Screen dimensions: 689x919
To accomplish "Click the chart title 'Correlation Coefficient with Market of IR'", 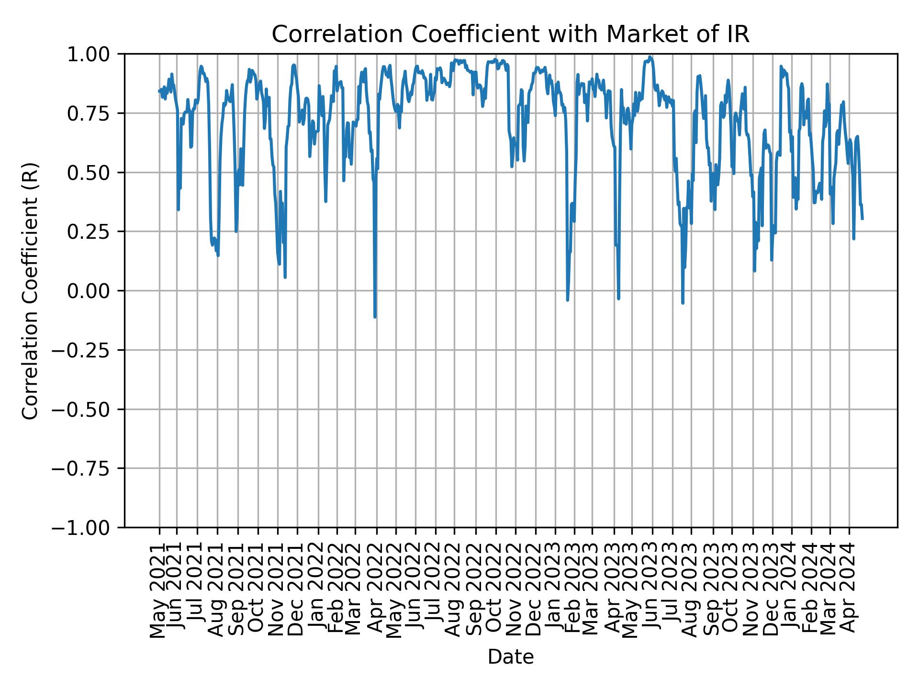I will point(510,34).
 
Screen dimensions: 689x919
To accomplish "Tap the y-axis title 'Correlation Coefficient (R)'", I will point(30,291).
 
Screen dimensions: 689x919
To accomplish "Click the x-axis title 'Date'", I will point(510,657).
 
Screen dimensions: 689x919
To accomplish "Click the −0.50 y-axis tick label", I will point(86,409).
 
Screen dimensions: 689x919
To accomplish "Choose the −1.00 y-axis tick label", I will point(86,528).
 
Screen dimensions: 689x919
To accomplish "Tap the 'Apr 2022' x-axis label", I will point(376,590).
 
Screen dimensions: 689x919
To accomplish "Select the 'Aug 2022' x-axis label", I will point(454,590).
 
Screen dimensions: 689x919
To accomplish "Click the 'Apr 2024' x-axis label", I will point(849,590).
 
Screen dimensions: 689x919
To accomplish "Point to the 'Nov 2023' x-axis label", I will point(752,590).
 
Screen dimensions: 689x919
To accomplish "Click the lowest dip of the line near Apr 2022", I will point(375,316).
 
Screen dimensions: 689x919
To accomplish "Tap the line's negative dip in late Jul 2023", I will point(683,302).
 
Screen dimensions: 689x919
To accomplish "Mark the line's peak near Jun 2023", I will point(650,57).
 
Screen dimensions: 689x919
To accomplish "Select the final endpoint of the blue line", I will point(862,219).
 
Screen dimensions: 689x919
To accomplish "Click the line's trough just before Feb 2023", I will point(568,300).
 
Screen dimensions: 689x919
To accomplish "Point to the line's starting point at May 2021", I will point(159,91).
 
